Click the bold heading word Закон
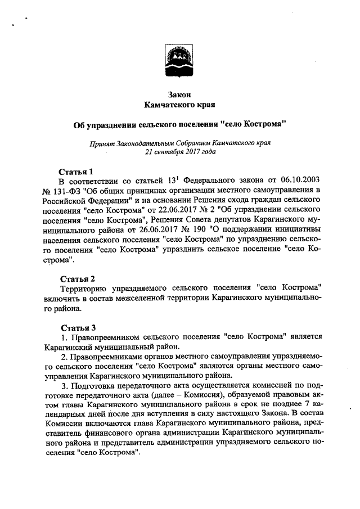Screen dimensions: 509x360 [180, 95]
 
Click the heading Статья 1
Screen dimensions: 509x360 [76, 171]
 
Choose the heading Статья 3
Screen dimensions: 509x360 [76, 327]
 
